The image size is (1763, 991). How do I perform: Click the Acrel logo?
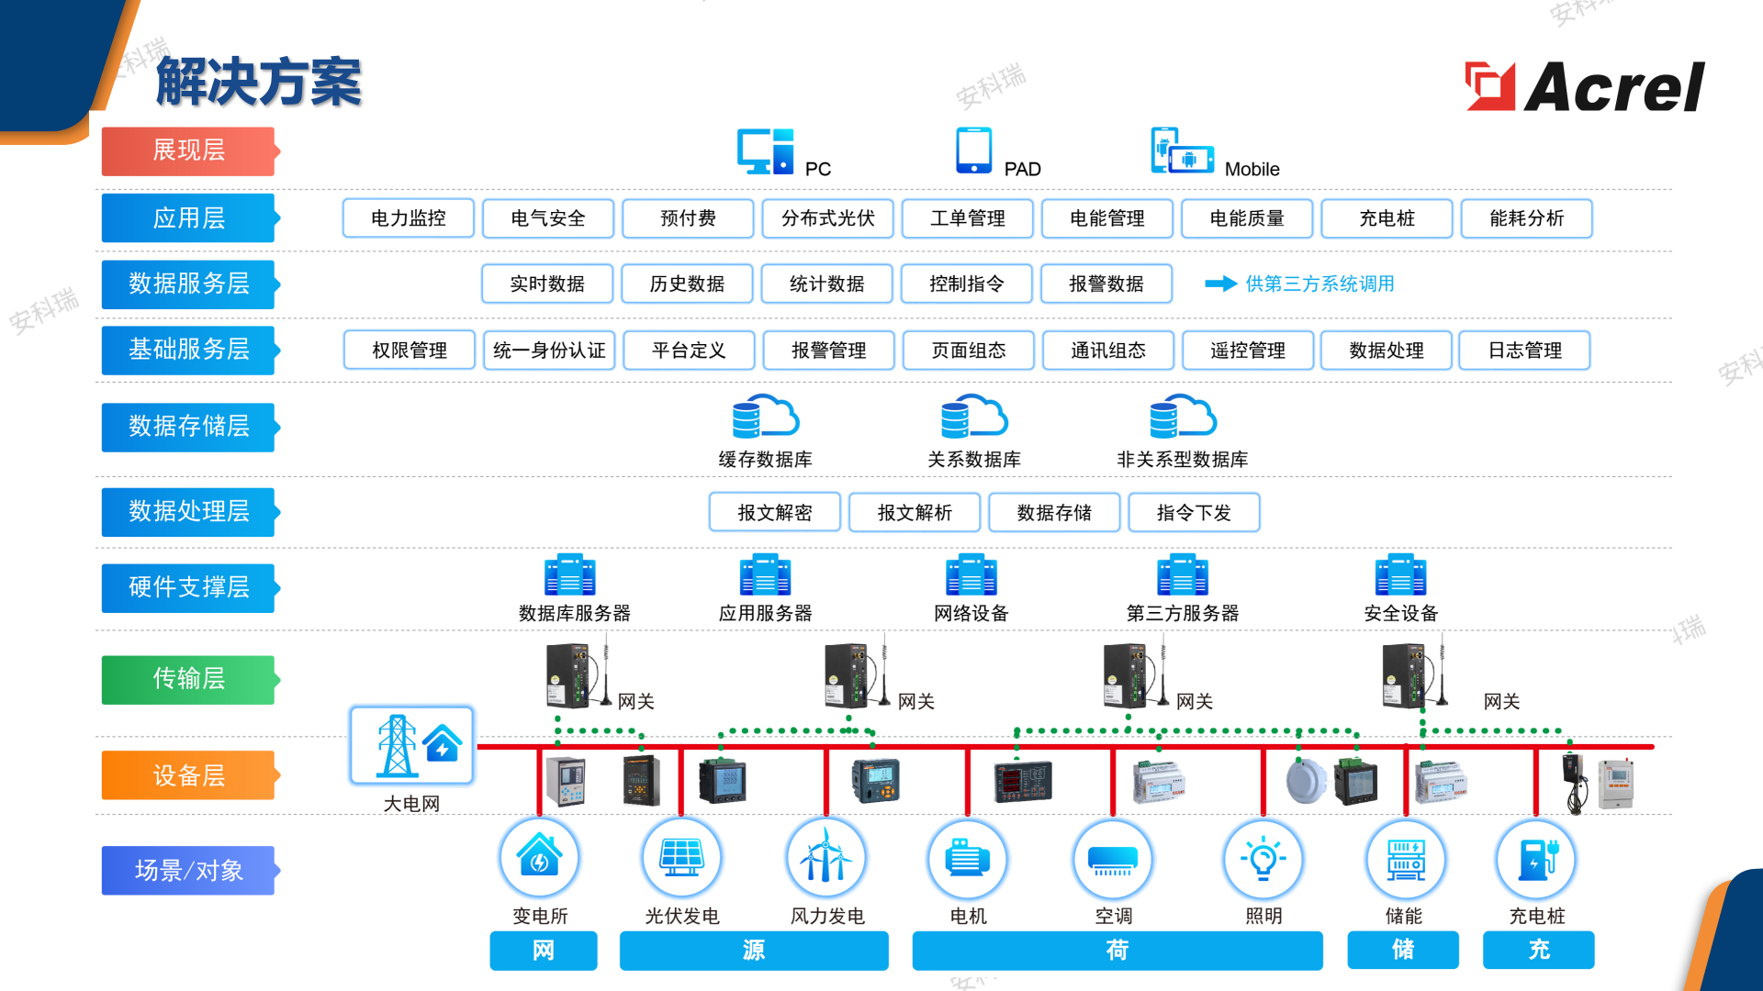[1585, 86]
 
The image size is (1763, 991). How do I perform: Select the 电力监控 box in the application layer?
[409, 218]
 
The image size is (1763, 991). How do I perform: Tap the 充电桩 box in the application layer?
[1387, 218]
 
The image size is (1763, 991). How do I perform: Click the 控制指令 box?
[967, 284]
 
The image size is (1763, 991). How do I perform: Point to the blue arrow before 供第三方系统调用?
[1221, 284]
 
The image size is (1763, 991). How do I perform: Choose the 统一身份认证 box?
[549, 350]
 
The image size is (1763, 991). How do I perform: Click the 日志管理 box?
[1524, 350]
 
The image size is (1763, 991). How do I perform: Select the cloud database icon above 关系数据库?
[974, 418]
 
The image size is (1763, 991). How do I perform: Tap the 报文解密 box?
[775, 512]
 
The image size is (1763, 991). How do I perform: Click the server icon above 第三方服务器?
[1183, 575]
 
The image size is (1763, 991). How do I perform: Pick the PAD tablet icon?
[974, 150]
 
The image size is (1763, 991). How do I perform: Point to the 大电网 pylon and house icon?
[412, 745]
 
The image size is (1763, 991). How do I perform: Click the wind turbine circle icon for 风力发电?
[826, 858]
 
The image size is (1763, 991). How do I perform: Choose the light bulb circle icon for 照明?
[1263, 858]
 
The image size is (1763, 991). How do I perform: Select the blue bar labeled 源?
[754, 950]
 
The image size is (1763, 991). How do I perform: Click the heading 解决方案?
[259, 82]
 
